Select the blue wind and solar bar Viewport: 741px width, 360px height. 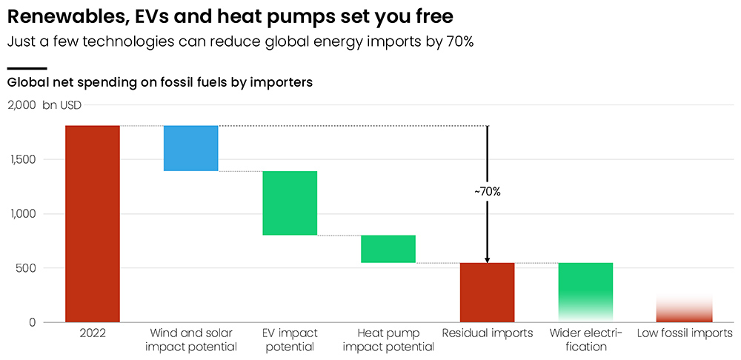190,148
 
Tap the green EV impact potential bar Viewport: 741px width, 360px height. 290,203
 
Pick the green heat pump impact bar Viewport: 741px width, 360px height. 388,249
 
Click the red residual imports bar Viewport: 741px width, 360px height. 487,292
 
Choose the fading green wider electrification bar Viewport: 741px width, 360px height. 585,285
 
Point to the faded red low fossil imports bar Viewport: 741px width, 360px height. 685,311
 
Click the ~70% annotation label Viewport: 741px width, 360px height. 488,191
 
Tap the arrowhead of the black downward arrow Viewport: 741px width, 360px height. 488,259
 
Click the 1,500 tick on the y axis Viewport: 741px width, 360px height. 23,159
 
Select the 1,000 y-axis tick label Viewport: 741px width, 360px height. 23,214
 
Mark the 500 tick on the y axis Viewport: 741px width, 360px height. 27,268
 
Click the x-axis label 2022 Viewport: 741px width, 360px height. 93,333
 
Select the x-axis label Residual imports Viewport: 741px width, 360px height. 487,333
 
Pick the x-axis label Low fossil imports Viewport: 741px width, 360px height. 685,333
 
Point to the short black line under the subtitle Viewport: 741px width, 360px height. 27,68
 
